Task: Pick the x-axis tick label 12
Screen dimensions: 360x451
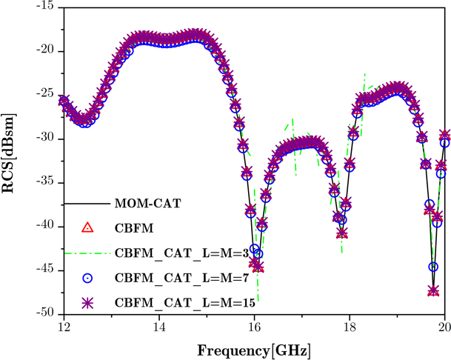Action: (x=63, y=327)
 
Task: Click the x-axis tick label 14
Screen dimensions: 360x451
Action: (x=158, y=327)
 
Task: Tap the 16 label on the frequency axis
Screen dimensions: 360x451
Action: (x=254, y=327)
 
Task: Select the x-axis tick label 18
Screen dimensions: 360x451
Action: (x=350, y=327)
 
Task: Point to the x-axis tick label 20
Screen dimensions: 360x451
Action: (x=444, y=327)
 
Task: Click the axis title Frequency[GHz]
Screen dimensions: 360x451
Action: (x=253, y=348)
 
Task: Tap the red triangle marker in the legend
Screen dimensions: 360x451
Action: (x=87, y=228)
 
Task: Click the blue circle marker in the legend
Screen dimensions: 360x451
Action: (x=87, y=278)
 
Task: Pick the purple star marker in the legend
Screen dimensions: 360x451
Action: (x=87, y=303)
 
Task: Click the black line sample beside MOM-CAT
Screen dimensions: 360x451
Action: (x=87, y=202)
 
